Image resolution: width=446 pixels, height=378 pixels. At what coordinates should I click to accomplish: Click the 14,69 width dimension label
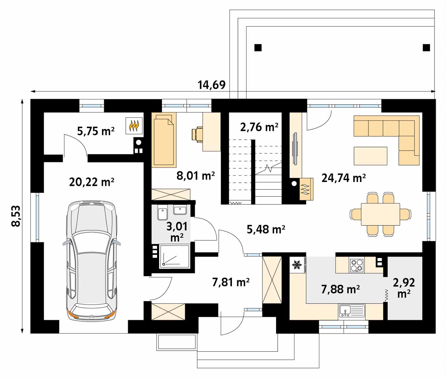[212, 85]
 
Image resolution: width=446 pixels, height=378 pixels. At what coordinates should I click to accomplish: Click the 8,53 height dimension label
[16, 216]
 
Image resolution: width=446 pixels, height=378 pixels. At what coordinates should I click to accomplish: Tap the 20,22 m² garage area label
[92, 182]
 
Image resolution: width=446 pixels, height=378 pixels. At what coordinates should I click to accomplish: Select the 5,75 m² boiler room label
[95, 131]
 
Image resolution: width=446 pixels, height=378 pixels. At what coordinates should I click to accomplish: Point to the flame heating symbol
[134, 126]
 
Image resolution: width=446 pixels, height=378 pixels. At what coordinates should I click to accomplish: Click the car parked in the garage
[91, 260]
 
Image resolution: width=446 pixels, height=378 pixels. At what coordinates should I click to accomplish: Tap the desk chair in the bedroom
[197, 134]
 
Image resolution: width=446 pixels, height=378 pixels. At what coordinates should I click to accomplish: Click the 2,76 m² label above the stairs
[259, 127]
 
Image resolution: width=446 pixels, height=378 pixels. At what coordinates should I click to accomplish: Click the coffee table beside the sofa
[370, 156]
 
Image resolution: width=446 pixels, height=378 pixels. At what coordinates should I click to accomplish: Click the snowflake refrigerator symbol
[297, 265]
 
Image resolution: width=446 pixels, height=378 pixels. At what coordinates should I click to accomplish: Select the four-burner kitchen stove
[357, 265]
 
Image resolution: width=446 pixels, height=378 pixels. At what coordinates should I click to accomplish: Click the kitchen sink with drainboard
[352, 311]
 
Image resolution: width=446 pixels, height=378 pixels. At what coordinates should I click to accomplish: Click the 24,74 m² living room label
[344, 178]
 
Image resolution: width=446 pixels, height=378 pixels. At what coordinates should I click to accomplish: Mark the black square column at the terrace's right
[426, 48]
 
